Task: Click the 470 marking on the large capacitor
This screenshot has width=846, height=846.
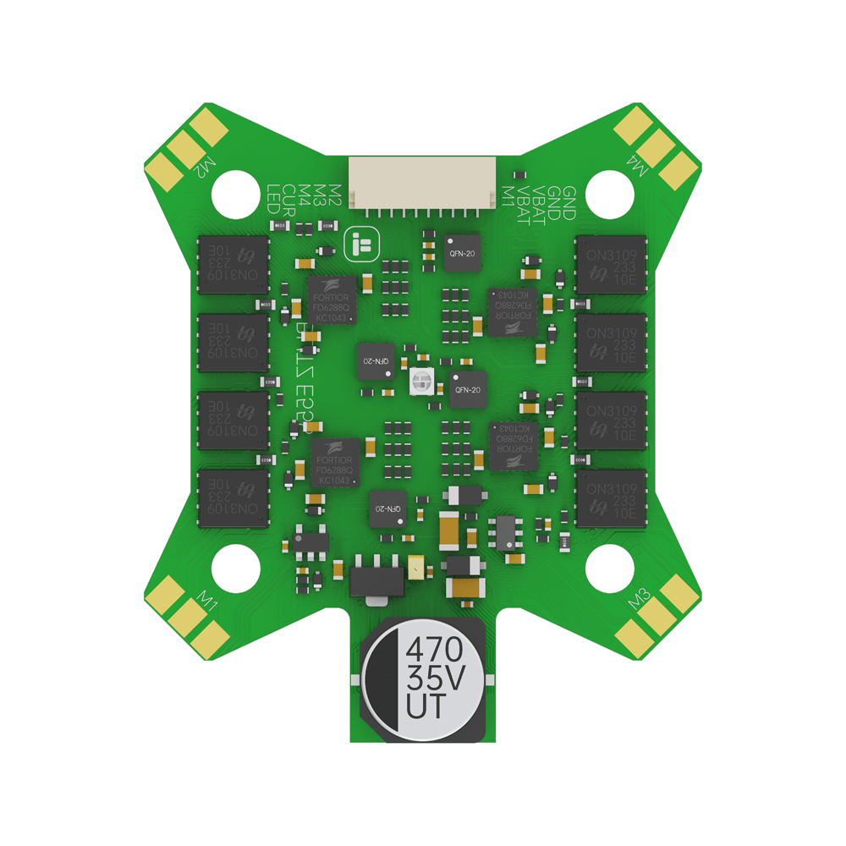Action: (x=435, y=651)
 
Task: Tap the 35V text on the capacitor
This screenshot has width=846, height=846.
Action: (x=435, y=678)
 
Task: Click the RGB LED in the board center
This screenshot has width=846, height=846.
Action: (x=420, y=383)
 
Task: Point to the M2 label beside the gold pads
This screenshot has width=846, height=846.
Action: (x=204, y=168)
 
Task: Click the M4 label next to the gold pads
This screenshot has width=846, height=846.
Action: (x=640, y=168)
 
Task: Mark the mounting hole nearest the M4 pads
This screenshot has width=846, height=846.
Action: (x=610, y=194)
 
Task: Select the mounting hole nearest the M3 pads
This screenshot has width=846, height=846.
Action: (x=610, y=568)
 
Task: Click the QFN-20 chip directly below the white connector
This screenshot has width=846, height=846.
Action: (x=461, y=253)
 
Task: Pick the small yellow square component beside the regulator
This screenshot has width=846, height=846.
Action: (x=415, y=567)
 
